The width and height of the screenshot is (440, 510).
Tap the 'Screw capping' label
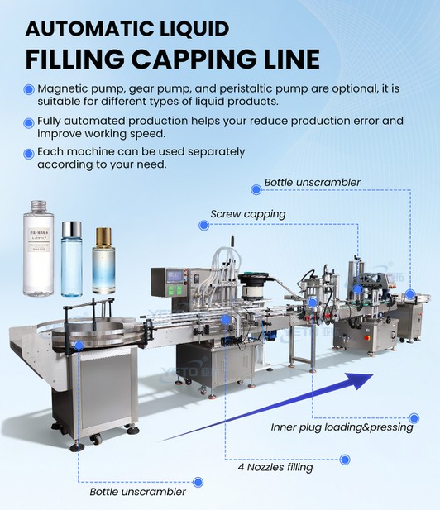click(247, 214)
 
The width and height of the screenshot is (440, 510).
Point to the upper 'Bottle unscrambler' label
click(312, 182)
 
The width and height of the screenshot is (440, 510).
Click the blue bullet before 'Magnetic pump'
click(29, 89)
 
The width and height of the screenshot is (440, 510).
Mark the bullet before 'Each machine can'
click(29, 153)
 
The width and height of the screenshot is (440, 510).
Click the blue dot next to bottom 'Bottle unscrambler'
click(198, 481)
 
